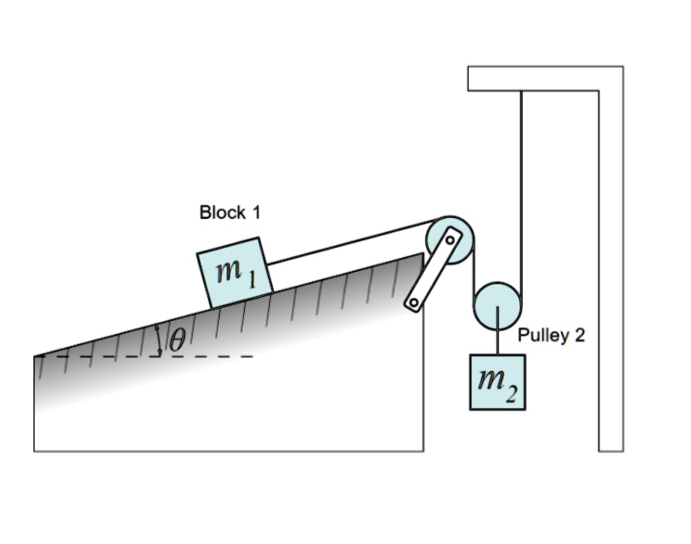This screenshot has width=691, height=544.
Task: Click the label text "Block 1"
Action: click(x=230, y=212)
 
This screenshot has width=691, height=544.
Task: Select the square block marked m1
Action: click(x=235, y=271)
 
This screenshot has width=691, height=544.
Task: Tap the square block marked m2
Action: click(x=498, y=382)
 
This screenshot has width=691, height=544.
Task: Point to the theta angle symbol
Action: click(x=177, y=339)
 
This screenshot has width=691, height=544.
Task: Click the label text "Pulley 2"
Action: click(x=551, y=335)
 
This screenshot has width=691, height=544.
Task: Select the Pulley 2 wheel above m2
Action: click(x=498, y=305)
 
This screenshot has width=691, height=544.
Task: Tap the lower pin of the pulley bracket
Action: click(x=412, y=304)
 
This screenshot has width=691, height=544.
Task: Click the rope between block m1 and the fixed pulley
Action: click(x=350, y=241)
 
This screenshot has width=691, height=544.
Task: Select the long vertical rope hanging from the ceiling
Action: click(x=522, y=183)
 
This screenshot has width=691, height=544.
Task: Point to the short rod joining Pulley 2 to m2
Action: click(x=498, y=341)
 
